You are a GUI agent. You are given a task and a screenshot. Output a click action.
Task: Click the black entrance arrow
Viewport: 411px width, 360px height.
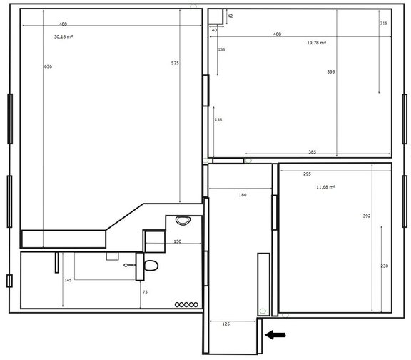(x=275, y=334)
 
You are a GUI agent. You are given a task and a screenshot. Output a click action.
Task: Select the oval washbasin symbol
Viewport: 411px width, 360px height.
(x=180, y=220)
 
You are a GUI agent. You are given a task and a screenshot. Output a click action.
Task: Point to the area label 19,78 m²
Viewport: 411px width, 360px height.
(x=316, y=43)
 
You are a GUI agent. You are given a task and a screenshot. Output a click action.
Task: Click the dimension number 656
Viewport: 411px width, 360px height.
(x=48, y=66)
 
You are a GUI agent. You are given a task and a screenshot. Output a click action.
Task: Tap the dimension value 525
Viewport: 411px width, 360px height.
(x=175, y=64)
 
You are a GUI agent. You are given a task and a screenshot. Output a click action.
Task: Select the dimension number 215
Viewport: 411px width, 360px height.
(x=384, y=24)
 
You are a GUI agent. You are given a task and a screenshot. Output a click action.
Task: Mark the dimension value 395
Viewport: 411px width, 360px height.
(x=330, y=72)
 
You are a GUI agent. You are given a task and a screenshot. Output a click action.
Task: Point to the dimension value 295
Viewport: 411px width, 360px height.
(x=307, y=174)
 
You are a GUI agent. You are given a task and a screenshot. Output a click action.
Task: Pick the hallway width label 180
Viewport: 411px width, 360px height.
(x=243, y=194)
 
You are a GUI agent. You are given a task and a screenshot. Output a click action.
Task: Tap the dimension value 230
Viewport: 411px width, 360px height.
(x=385, y=266)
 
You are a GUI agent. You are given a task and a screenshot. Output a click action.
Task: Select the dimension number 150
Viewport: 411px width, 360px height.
(x=177, y=241)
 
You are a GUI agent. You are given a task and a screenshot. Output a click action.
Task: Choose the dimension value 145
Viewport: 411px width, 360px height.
(x=68, y=280)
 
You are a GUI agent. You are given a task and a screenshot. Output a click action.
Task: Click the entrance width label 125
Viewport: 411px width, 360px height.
(x=225, y=324)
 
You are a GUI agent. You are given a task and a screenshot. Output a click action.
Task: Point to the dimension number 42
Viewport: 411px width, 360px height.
(x=230, y=15)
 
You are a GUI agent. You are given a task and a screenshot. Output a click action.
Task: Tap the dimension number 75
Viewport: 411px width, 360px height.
(x=145, y=292)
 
